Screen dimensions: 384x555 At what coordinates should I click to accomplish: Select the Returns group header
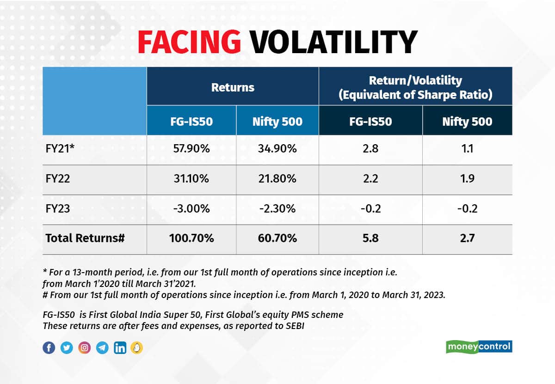point(233,87)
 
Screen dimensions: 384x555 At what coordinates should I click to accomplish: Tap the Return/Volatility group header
point(415,87)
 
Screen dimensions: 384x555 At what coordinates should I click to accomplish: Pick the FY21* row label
point(60,150)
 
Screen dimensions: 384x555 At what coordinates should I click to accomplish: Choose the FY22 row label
point(56,179)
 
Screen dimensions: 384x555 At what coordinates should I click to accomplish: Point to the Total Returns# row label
point(85,239)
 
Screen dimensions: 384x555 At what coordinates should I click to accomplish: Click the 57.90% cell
point(191,150)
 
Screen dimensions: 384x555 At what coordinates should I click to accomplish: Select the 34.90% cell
point(277,150)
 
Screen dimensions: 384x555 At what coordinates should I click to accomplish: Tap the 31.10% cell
point(191,179)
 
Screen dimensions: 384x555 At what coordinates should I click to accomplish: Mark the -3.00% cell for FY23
point(191,209)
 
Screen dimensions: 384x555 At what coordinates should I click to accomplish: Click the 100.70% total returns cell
point(191,239)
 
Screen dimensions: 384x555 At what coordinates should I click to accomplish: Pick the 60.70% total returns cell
point(277,239)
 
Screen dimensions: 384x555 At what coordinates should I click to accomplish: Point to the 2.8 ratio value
point(370,150)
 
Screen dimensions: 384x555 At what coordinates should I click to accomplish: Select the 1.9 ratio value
point(467,179)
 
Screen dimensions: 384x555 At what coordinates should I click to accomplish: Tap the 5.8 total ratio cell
point(370,239)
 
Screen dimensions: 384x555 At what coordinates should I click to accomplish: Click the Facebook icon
point(49,347)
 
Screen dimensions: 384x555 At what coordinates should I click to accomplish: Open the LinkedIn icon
point(119,347)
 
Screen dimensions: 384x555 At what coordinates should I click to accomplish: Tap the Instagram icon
point(84,347)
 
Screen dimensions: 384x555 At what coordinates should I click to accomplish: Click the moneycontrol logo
point(479,347)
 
